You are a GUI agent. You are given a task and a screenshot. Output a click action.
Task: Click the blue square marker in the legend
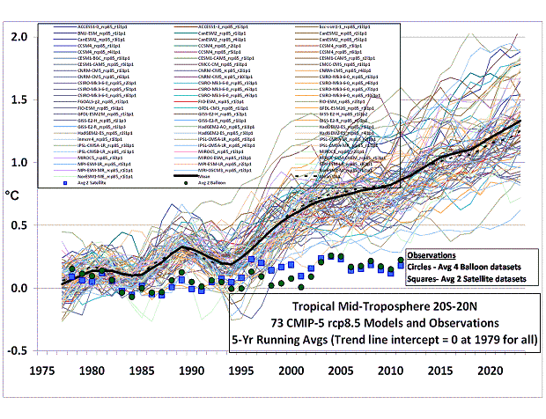64,182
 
